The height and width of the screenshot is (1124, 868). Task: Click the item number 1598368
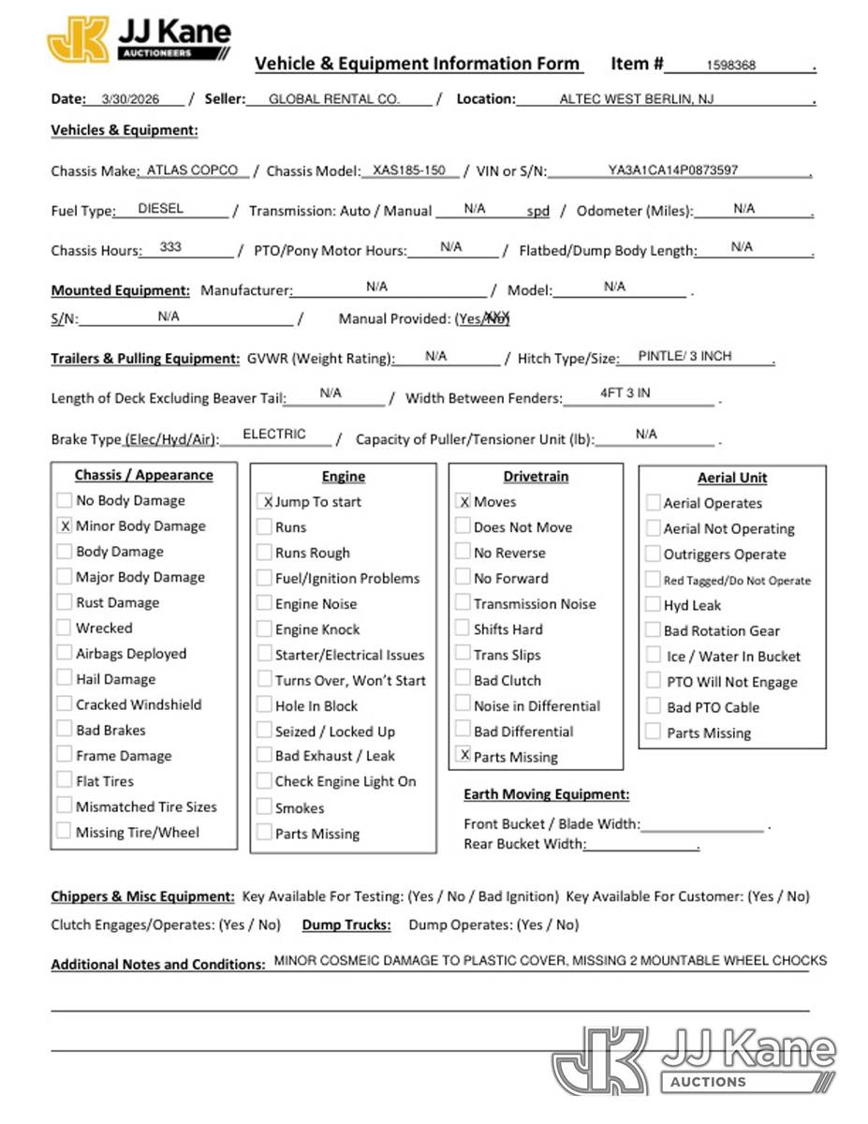tap(731, 66)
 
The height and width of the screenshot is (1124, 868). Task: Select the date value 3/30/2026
tap(131, 98)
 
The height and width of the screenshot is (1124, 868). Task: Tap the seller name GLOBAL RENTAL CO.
tap(334, 98)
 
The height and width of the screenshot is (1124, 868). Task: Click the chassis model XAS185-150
tap(409, 170)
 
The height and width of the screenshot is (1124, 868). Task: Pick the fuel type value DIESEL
tap(161, 209)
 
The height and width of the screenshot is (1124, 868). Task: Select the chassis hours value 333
tap(170, 247)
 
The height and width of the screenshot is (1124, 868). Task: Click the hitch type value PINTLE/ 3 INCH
tap(684, 356)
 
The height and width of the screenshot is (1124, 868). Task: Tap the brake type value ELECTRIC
tap(274, 435)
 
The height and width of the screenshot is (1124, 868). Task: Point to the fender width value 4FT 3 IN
tap(625, 393)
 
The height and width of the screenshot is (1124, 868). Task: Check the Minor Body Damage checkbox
tap(64, 526)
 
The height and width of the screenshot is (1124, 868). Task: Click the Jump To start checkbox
tap(266, 502)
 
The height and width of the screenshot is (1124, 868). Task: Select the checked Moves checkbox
tap(463, 502)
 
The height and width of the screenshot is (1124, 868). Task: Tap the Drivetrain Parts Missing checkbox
tap(463, 755)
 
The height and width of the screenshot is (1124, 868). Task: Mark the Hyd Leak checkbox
tap(654, 605)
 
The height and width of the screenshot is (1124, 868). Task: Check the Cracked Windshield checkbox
tap(64, 704)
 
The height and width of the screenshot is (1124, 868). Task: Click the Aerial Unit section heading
tap(732, 478)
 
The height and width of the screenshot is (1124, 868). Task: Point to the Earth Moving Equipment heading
tap(547, 794)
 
